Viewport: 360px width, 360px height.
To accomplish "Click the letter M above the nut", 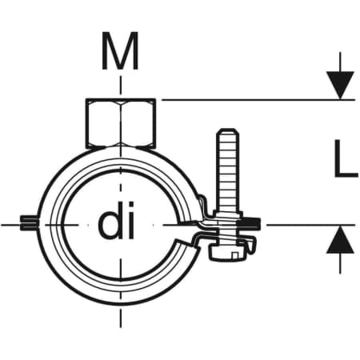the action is click(x=120, y=51).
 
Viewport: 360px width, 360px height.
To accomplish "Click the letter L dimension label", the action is click(x=346, y=158).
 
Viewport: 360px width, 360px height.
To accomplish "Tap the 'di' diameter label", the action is click(x=116, y=220).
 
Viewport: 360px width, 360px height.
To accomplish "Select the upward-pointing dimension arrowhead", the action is click(x=340, y=239).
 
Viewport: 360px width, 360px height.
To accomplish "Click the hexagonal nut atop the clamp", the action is click(x=121, y=123).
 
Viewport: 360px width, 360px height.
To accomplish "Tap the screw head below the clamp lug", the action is click(x=227, y=253).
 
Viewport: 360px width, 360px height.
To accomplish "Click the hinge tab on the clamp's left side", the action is click(x=29, y=222).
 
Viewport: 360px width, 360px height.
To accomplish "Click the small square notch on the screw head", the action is click(x=235, y=255).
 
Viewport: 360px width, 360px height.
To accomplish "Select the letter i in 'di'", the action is click(x=131, y=220).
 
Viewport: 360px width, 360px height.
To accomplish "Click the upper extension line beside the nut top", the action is click(x=258, y=100).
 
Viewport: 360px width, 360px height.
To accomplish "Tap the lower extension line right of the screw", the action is click(x=310, y=225).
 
